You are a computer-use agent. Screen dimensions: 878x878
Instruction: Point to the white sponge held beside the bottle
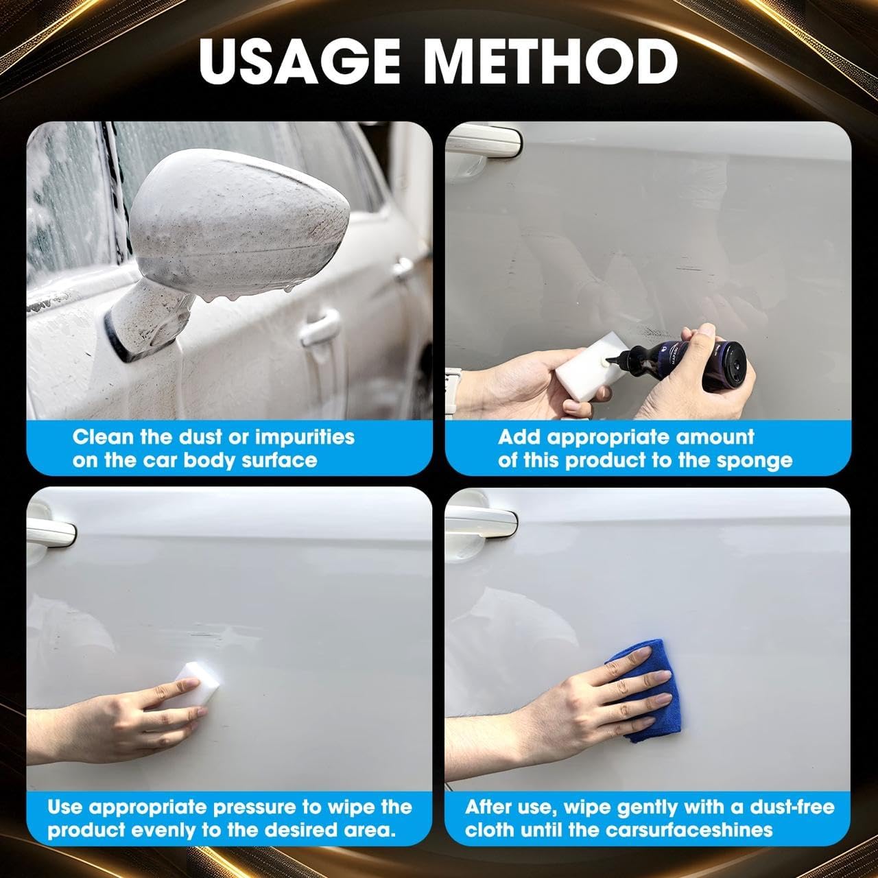580,370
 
